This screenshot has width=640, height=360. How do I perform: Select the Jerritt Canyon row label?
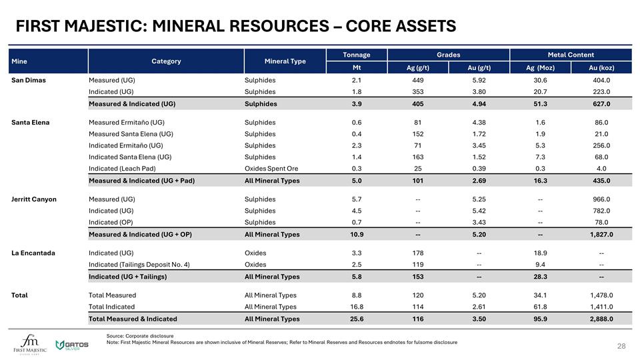[x=33, y=199]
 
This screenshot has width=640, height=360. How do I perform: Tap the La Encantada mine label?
[x=33, y=253]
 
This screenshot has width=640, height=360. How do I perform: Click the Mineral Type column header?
[x=285, y=61]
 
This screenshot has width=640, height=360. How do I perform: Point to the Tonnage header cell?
[x=356, y=55]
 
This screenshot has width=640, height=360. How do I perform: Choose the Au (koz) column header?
[x=601, y=67]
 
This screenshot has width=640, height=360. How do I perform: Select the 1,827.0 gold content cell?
[x=601, y=235]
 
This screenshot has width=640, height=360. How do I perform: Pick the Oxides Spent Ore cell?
[x=271, y=169]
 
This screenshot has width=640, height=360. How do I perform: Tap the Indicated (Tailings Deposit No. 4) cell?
[x=139, y=265]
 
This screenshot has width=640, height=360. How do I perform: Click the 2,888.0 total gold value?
[x=601, y=319]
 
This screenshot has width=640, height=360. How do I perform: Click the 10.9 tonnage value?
[x=356, y=235]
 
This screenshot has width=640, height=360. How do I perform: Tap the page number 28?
[x=621, y=347]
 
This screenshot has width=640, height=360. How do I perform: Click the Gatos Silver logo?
[x=72, y=345]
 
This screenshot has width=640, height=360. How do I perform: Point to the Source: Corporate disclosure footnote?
[x=139, y=335]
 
